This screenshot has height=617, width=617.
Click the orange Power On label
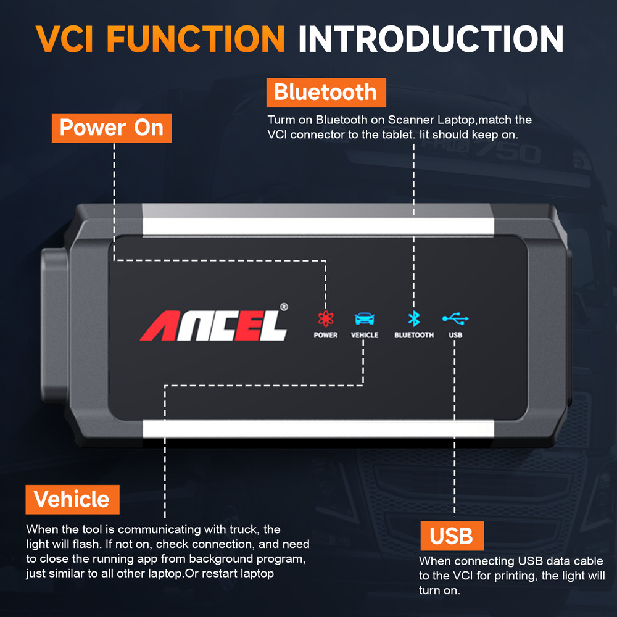pyautogui.click(x=112, y=128)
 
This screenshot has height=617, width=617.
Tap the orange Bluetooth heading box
pyautogui.click(x=326, y=93)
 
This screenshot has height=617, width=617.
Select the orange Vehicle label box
pyautogui.click(x=72, y=499)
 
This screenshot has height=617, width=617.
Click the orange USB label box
pyautogui.click(x=452, y=536)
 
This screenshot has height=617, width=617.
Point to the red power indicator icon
pyautogui.click(x=325, y=318)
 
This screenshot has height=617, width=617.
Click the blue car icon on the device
pyautogui.click(x=364, y=318)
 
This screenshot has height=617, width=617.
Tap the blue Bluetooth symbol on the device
pyautogui.click(x=413, y=318)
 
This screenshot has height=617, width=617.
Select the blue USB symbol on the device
pyautogui.click(x=455, y=318)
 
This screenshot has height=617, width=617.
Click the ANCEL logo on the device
pyautogui.click(x=213, y=325)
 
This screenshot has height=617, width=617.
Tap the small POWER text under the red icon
pyautogui.click(x=325, y=335)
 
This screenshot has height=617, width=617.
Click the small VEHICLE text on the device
pyautogui.click(x=364, y=335)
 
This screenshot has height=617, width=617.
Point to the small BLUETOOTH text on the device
pyautogui.click(x=414, y=335)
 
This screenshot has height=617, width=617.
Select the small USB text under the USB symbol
pyautogui.click(x=455, y=335)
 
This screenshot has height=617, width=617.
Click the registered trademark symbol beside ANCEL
pyautogui.click(x=283, y=306)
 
